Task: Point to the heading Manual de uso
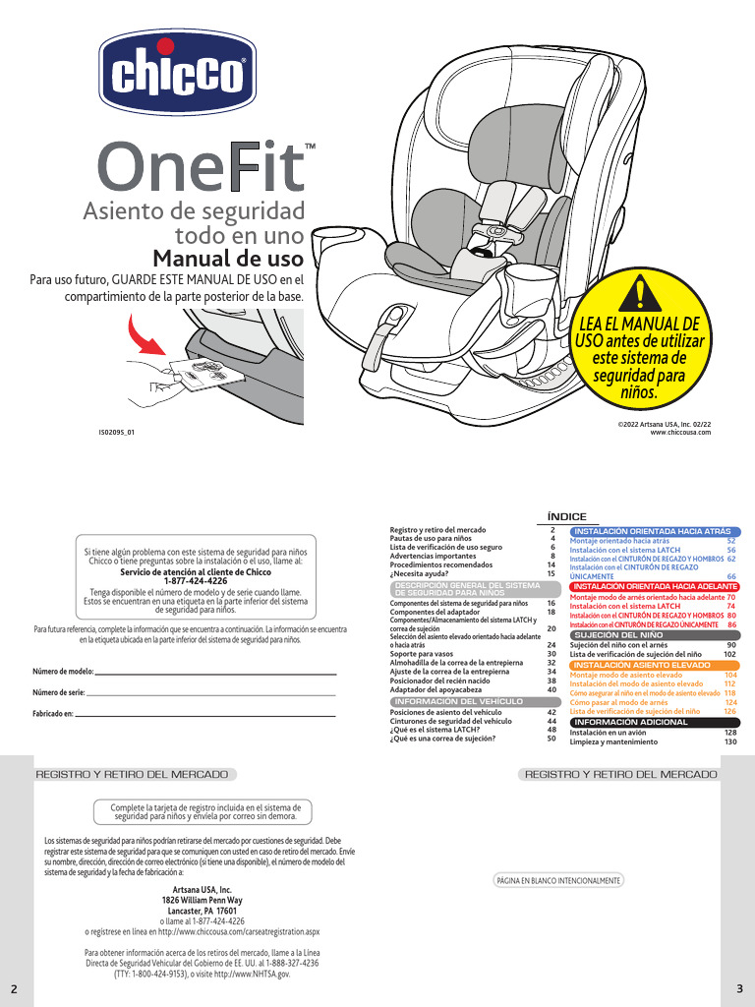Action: (230, 261)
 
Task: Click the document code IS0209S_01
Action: (116, 432)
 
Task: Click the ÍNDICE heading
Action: (566, 516)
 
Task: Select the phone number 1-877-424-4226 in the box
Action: (196, 581)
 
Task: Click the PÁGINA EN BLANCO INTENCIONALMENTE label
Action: (560, 881)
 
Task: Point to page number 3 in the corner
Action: (738, 987)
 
